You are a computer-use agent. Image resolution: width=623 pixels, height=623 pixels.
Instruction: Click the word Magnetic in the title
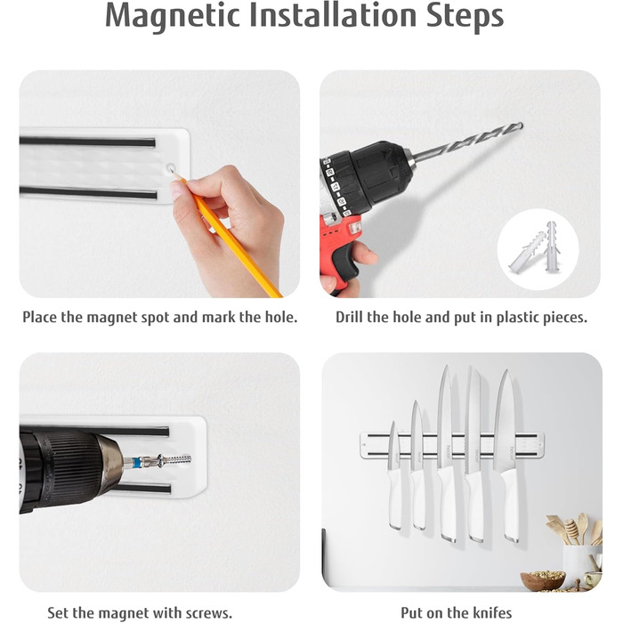(173, 16)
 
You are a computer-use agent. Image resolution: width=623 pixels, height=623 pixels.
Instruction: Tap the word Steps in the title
(465, 16)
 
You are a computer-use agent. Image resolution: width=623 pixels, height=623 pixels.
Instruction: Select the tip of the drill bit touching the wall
(521, 125)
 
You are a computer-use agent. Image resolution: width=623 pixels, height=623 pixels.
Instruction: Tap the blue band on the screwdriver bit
(137, 463)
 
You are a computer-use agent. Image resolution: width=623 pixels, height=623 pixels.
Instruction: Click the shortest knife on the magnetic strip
(394, 476)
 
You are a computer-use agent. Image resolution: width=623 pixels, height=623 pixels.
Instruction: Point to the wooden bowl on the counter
(542, 581)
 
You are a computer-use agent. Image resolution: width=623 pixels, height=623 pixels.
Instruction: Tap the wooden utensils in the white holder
(575, 530)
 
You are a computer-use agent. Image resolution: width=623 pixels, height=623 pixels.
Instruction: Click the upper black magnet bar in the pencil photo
(87, 142)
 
